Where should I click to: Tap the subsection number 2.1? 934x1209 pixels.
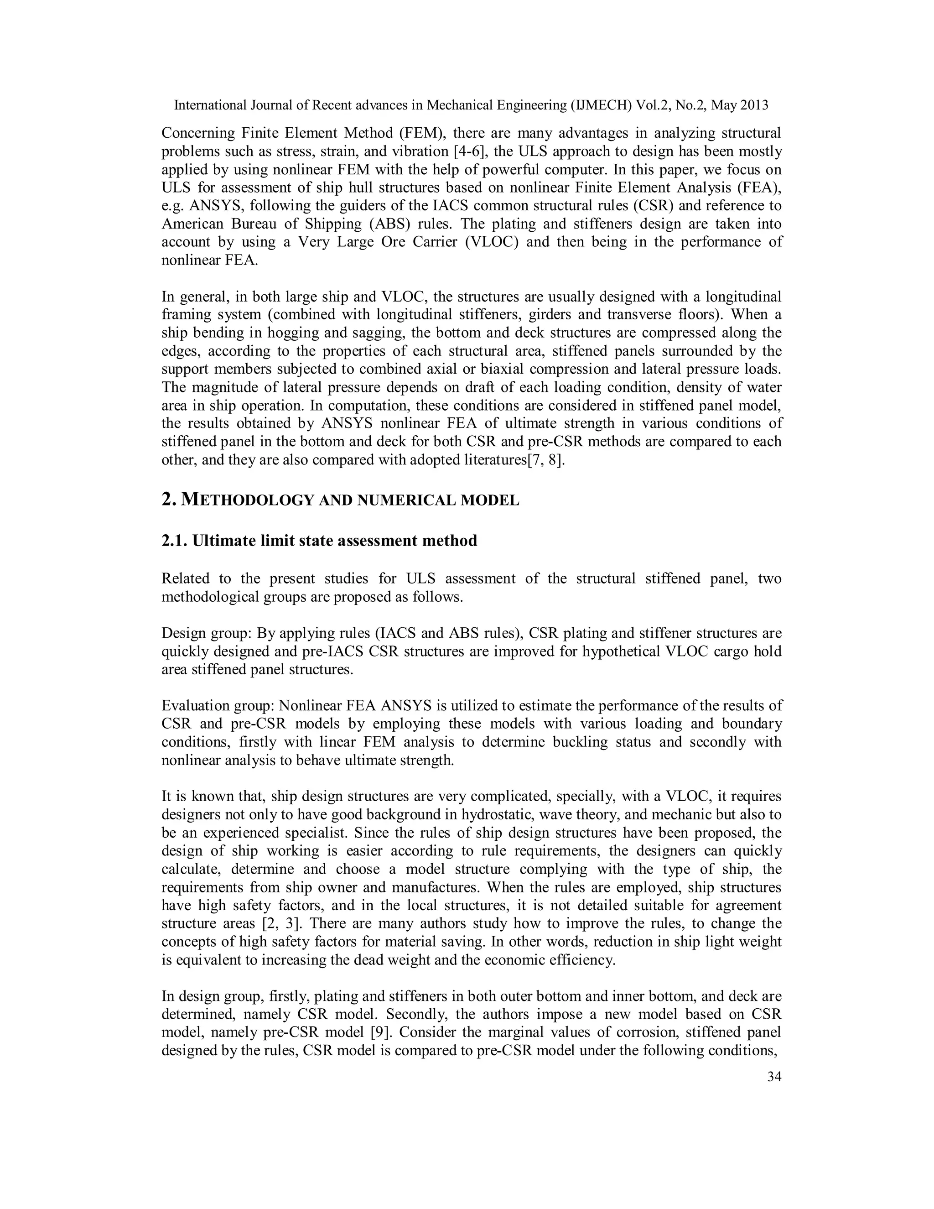click(174, 541)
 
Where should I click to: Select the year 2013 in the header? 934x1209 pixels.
click(753, 105)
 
